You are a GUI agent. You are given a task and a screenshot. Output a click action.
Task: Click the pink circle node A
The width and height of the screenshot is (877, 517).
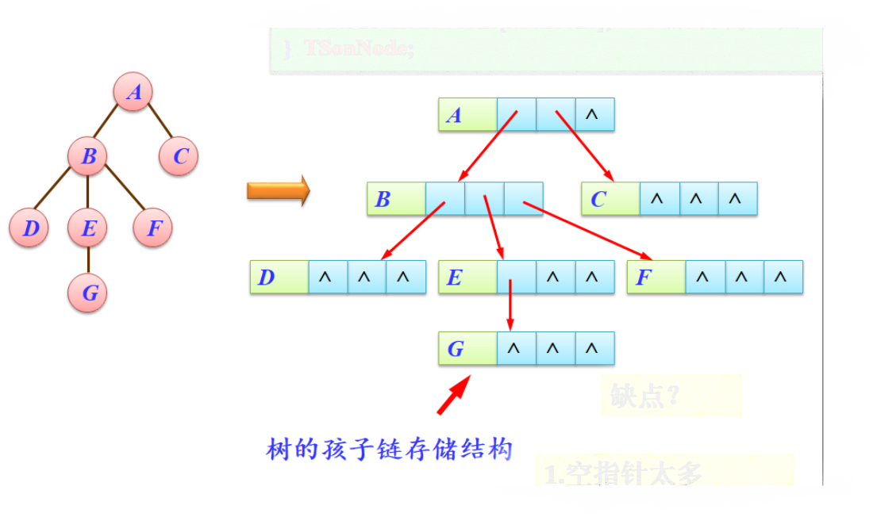(x=133, y=93)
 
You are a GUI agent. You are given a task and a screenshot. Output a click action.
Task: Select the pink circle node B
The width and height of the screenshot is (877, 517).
(x=87, y=156)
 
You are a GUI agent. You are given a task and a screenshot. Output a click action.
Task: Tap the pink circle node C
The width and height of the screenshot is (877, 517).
(x=179, y=156)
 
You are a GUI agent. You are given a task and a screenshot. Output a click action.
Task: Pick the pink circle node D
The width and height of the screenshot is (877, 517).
(x=29, y=229)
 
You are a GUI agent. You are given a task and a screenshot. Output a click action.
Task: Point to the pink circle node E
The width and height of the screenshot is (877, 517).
(x=87, y=229)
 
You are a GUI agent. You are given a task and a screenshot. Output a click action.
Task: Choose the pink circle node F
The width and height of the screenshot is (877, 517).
(x=153, y=229)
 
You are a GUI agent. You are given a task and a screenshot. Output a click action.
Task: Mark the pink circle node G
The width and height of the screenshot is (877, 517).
(x=87, y=293)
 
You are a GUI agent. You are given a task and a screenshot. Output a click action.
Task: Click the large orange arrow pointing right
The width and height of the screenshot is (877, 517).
(x=278, y=191)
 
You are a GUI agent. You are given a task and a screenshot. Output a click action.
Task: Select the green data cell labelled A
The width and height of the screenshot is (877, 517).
(x=467, y=115)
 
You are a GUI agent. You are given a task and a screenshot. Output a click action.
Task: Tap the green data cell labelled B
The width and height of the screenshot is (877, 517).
(x=396, y=198)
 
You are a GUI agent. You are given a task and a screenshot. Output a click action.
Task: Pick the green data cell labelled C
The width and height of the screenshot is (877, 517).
(x=610, y=198)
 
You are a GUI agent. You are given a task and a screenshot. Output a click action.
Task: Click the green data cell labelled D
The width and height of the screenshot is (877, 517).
(x=279, y=278)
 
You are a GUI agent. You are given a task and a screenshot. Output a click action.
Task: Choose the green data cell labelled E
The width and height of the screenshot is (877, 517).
(x=467, y=278)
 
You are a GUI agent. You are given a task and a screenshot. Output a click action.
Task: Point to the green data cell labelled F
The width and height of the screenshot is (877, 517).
(x=656, y=278)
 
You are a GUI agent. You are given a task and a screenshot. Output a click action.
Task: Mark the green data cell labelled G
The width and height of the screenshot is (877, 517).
(x=467, y=349)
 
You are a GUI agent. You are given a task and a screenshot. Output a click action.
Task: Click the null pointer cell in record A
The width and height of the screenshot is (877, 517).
(x=594, y=115)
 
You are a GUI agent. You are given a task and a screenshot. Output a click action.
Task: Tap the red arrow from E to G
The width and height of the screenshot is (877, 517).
(x=510, y=305)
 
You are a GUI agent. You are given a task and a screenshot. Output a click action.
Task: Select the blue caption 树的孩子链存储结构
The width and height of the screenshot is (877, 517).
(x=389, y=450)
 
